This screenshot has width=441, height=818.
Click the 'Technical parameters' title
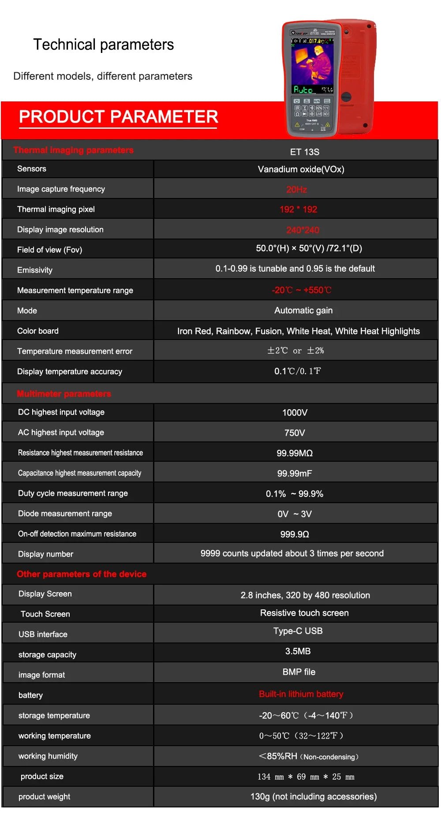[x=104, y=45]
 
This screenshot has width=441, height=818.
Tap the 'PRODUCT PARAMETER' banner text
[x=118, y=117]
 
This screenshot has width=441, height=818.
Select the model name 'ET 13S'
[x=304, y=152]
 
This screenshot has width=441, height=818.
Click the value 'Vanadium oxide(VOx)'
[x=301, y=169]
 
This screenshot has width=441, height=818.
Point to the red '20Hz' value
[x=296, y=190]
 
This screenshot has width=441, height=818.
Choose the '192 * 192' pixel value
[x=298, y=209]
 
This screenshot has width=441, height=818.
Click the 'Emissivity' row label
[x=35, y=270]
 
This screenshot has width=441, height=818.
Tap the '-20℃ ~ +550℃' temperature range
[x=301, y=290]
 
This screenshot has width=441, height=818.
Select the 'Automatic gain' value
[x=303, y=310]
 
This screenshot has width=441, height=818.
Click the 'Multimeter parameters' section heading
[x=64, y=394]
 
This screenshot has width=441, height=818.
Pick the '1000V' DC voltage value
[x=295, y=413]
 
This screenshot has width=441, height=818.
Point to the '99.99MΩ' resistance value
[x=295, y=453]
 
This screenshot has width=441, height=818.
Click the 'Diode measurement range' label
[x=65, y=514]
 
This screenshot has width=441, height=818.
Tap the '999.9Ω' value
[x=295, y=534]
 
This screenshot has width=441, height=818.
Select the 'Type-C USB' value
[x=298, y=631]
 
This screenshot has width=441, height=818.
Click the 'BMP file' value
[x=299, y=672]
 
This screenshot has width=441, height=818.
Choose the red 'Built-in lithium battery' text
[x=301, y=694]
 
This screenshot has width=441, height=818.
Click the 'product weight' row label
[x=44, y=797]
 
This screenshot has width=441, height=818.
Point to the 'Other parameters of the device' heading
[x=82, y=574]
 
